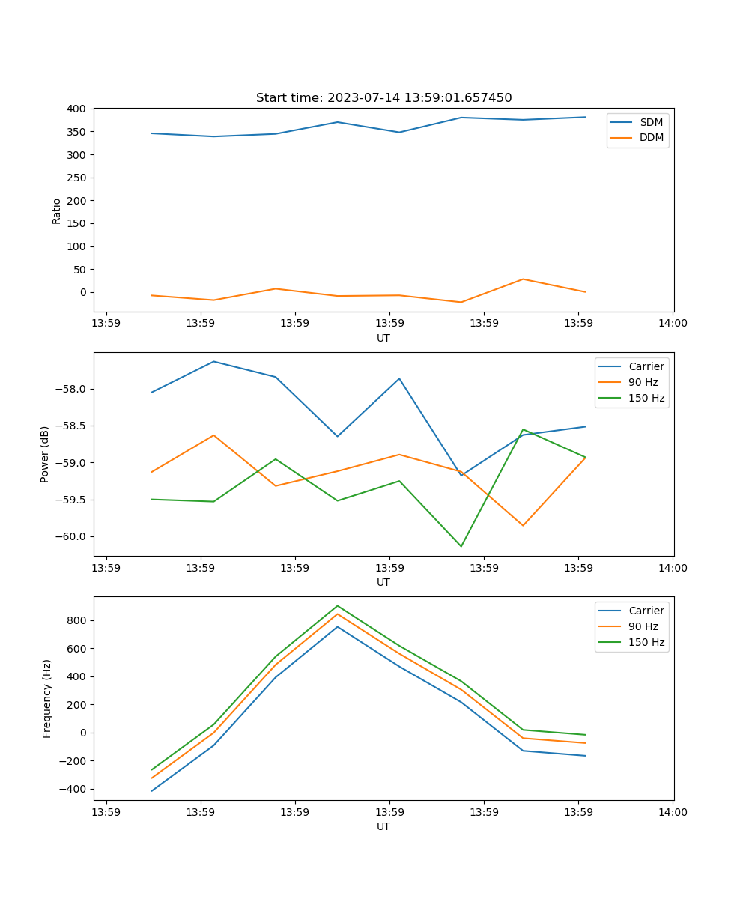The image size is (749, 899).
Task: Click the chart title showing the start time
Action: [383, 98]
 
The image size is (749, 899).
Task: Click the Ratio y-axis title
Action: [57, 211]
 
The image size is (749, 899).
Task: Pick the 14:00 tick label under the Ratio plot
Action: [673, 323]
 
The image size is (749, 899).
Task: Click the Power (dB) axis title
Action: [45, 454]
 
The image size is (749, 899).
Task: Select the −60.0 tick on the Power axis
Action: [72, 536]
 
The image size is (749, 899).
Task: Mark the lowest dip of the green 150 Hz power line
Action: [461, 546]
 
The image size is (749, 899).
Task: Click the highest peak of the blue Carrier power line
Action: [213, 361]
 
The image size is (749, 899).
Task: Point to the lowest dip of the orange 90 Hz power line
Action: [523, 525]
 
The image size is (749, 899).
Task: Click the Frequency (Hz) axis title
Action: [46, 698]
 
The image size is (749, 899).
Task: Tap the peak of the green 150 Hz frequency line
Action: [337, 605]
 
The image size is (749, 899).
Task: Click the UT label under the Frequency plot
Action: [383, 826]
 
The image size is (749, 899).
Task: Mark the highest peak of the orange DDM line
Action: [523, 279]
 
